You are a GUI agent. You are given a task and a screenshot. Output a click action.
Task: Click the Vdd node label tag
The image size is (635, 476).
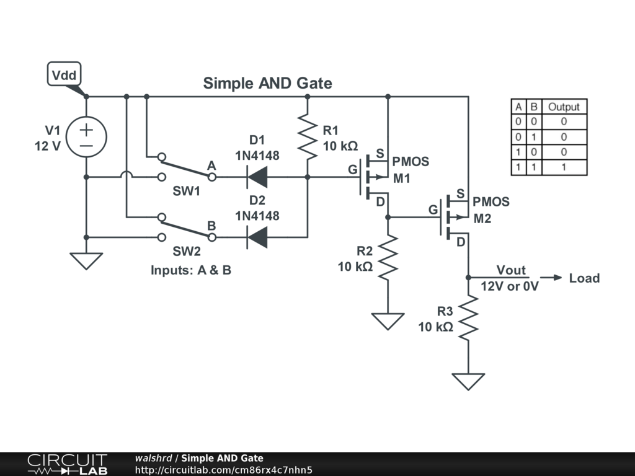(x=64, y=75)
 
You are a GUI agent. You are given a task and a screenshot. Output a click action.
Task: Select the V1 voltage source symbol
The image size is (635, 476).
(x=86, y=137)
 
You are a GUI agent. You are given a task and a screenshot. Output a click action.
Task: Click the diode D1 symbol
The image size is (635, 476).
(x=257, y=177)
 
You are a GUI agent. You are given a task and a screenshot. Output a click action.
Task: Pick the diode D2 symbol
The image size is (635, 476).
(x=257, y=237)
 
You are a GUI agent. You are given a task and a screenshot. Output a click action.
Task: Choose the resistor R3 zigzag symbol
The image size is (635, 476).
(x=468, y=318)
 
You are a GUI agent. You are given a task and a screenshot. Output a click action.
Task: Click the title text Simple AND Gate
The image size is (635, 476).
(x=267, y=83)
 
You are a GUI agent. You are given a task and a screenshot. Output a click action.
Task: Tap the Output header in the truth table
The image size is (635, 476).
(x=563, y=107)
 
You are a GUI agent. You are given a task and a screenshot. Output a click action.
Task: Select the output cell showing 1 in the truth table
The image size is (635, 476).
(x=563, y=167)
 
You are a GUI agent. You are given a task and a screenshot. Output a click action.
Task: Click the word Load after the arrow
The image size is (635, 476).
(x=584, y=278)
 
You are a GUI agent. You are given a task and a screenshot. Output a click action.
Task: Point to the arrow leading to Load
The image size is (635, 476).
(x=551, y=278)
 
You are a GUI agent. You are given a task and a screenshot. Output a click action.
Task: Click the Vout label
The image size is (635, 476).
(x=511, y=270)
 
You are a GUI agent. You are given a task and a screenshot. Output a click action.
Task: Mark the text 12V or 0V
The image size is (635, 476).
(x=510, y=287)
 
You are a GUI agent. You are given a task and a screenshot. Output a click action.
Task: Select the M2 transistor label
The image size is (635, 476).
(x=482, y=219)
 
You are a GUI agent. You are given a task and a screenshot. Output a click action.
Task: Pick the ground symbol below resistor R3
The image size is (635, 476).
(x=468, y=381)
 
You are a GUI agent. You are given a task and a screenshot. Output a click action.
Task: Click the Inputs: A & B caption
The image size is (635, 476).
(x=191, y=271)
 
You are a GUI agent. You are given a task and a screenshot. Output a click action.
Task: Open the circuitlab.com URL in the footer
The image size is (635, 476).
(x=223, y=470)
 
